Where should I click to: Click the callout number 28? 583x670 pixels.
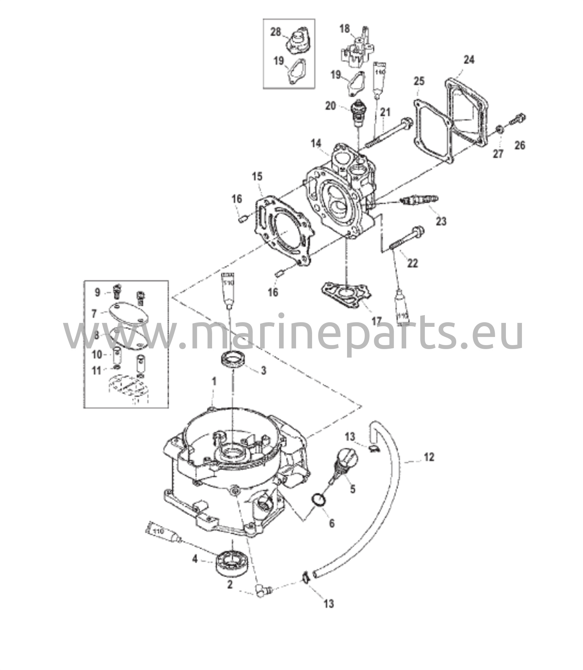[275, 32]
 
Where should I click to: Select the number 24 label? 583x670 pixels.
[469, 60]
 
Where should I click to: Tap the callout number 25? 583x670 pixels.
[419, 81]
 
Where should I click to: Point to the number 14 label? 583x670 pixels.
[316, 143]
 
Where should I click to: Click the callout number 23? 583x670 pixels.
[441, 221]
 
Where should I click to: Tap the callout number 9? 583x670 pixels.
[97, 292]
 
